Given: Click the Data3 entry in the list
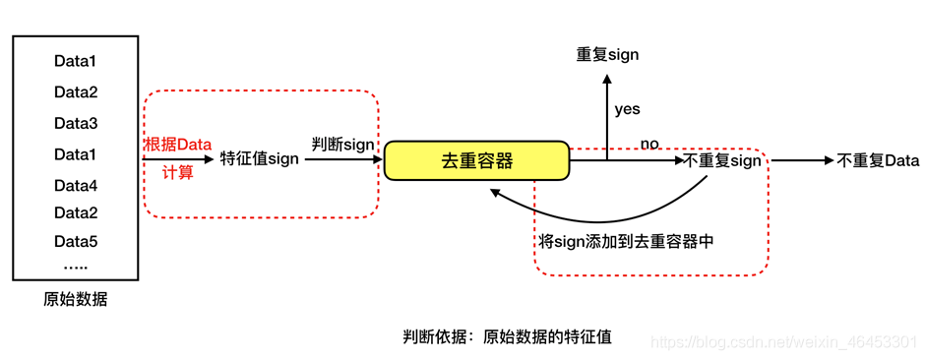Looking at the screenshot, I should pyautogui.click(x=76, y=124).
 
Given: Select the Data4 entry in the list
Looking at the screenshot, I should pyautogui.click(x=76, y=186).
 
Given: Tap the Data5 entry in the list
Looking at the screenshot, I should pyautogui.click(x=76, y=241).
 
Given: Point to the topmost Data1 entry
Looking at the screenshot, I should pyautogui.click(x=76, y=61).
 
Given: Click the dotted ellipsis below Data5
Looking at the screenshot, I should pyautogui.click(x=76, y=266).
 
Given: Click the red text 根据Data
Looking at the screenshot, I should pyautogui.click(x=178, y=144).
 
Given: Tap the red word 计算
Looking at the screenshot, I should pyautogui.click(x=178, y=172).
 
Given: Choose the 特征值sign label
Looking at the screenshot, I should pyautogui.click(x=259, y=159).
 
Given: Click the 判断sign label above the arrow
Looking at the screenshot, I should pyautogui.click(x=342, y=144).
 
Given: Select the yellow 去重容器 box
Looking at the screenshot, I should pyautogui.click(x=476, y=160).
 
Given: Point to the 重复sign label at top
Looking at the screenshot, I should pyautogui.click(x=607, y=54).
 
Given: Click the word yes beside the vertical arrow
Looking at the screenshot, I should pyautogui.click(x=627, y=109).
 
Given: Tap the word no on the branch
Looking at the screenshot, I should pyautogui.click(x=649, y=144).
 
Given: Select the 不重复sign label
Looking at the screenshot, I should pyautogui.click(x=722, y=160).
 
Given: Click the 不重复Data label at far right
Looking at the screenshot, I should pyautogui.click(x=878, y=160).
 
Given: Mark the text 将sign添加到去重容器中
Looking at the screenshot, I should pyautogui.click(x=626, y=241).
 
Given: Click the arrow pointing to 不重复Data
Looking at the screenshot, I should pyautogui.click(x=801, y=160).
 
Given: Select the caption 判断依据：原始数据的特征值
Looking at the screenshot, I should pyautogui.click(x=507, y=336).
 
